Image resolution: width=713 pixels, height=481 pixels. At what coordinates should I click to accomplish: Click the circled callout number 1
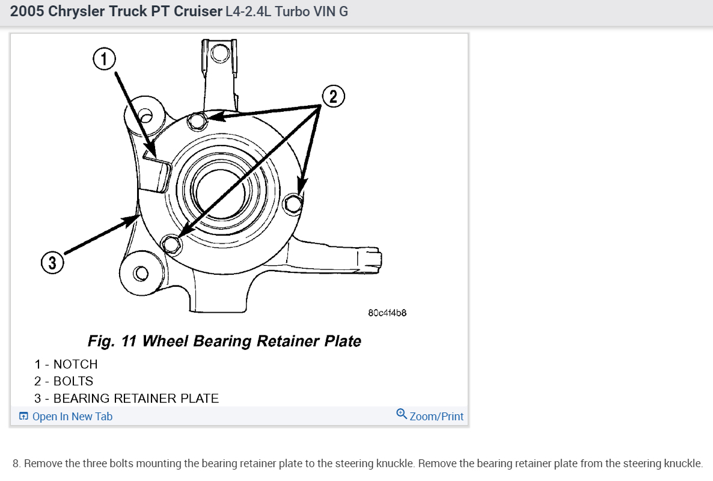click(103, 59)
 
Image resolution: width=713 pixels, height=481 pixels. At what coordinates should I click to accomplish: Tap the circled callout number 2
click(334, 96)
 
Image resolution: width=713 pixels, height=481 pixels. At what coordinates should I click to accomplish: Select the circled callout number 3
click(52, 263)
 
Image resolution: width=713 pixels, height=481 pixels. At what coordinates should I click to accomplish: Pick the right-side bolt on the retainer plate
click(293, 204)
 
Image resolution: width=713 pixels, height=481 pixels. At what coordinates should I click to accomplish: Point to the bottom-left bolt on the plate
click(171, 244)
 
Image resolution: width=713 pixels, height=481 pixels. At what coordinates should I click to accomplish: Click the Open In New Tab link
click(72, 417)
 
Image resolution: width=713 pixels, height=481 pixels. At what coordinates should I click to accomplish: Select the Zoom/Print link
click(436, 417)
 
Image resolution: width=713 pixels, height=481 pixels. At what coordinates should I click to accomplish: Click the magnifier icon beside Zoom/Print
click(402, 414)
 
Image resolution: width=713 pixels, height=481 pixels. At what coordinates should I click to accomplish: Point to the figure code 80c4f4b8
click(387, 313)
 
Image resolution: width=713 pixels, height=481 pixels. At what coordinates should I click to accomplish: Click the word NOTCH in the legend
click(75, 364)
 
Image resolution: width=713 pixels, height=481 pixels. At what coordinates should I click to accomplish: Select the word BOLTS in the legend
click(73, 381)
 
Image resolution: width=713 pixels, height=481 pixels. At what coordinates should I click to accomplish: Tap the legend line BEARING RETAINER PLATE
click(136, 398)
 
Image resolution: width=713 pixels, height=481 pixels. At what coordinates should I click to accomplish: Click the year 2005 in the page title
click(27, 11)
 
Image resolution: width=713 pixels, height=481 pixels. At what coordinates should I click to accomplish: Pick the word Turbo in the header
click(292, 11)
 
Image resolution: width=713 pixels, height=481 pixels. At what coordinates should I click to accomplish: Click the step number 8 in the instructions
click(16, 464)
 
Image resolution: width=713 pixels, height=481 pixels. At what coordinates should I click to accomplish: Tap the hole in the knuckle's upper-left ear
click(145, 114)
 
